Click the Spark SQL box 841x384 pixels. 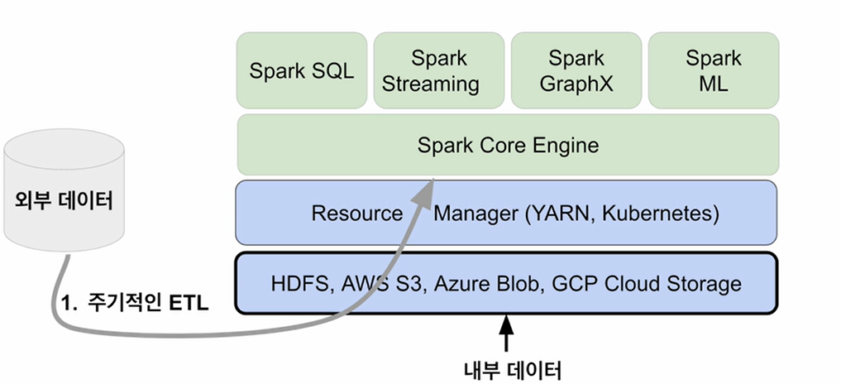tap(302, 70)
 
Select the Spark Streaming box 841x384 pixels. tap(439, 70)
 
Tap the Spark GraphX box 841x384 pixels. tap(576, 70)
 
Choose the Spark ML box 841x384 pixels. tap(713, 70)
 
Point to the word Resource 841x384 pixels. tap(356, 214)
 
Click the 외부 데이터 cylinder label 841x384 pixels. tap(64, 199)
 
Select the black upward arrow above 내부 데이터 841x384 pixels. tap(505, 334)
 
